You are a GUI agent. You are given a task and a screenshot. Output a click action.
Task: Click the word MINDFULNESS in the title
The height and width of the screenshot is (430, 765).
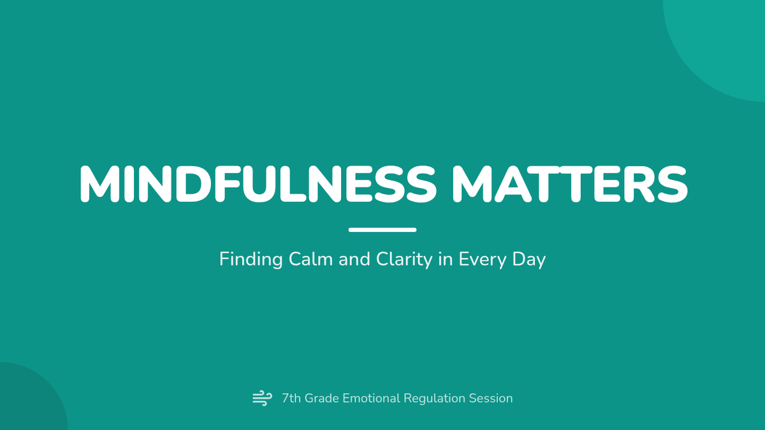258,184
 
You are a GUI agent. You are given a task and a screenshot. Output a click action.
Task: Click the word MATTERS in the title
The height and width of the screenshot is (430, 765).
570,184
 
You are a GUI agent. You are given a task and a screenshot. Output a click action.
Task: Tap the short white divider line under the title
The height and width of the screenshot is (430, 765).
382,230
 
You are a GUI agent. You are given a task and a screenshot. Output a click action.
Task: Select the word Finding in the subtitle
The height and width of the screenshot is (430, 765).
251,260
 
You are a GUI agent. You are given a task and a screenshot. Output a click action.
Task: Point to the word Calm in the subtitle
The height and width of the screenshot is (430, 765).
311,259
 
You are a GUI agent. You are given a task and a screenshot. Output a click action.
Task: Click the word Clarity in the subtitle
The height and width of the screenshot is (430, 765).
404,260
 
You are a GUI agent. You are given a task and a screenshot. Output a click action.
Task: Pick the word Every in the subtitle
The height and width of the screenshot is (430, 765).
483,260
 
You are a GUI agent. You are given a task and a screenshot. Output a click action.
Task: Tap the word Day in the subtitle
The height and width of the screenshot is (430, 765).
529,260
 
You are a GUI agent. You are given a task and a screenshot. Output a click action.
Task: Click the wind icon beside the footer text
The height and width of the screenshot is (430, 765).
262,398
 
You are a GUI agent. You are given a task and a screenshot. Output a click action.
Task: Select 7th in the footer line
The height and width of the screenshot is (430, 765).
291,398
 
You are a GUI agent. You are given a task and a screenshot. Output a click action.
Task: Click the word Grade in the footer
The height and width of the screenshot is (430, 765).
321,398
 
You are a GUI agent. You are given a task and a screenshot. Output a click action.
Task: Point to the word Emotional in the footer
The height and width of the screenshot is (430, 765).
371,398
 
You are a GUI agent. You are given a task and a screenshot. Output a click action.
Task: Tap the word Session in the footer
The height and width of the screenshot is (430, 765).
491,398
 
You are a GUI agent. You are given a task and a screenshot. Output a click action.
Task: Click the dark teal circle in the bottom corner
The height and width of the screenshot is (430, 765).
27,399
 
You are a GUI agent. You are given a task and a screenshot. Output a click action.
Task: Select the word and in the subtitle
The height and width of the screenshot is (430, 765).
354,259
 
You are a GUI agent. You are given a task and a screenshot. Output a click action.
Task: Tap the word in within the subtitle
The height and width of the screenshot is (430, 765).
446,259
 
